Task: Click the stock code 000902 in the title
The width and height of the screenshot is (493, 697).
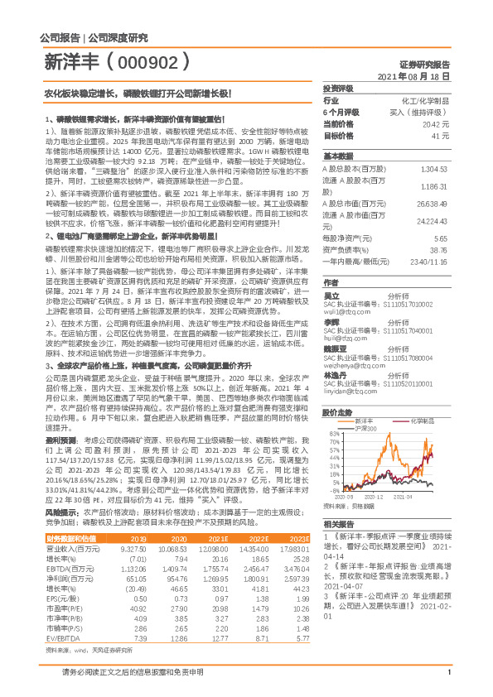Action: pyautogui.click(x=156, y=62)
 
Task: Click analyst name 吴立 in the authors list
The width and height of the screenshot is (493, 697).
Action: pyautogui.click(x=331, y=295)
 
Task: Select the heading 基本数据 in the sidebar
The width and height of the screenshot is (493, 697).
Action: pyautogui.click(x=338, y=156)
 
